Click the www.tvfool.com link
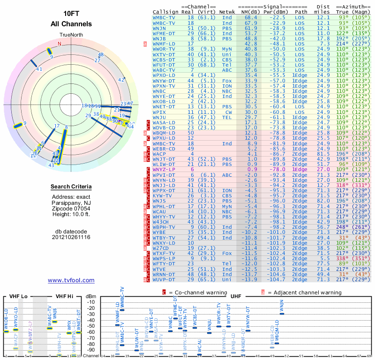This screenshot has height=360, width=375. (71, 280)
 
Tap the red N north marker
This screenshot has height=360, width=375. (60, 44)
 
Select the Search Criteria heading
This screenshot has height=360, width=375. (71, 187)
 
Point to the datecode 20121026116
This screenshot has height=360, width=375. (71, 237)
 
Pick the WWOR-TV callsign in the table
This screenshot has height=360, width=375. (164, 49)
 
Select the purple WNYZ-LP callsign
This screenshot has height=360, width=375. (164, 169)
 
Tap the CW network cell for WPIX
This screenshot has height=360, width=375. (228, 112)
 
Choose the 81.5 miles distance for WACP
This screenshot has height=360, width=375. (323, 154)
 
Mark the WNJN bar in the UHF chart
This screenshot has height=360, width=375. (281, 314)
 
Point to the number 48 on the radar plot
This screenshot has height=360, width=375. (100, 55)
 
